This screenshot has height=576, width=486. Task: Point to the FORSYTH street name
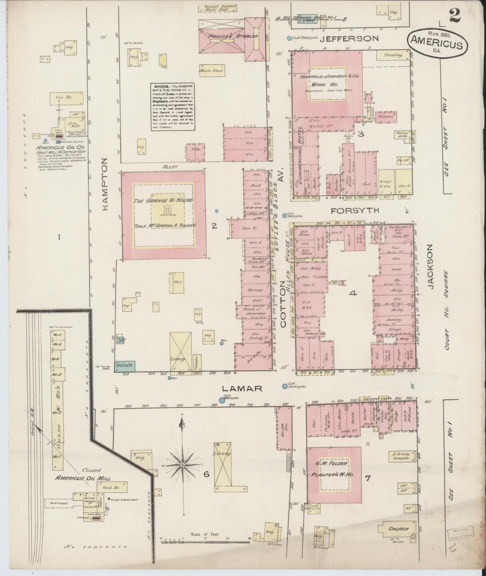click(354, 210)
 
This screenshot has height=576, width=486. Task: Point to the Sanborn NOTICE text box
click(173, 106)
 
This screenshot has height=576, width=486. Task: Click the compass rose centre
click(182, 473)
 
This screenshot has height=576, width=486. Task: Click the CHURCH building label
click(398, 529)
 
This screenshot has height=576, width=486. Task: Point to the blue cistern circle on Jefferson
click(289, 38)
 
